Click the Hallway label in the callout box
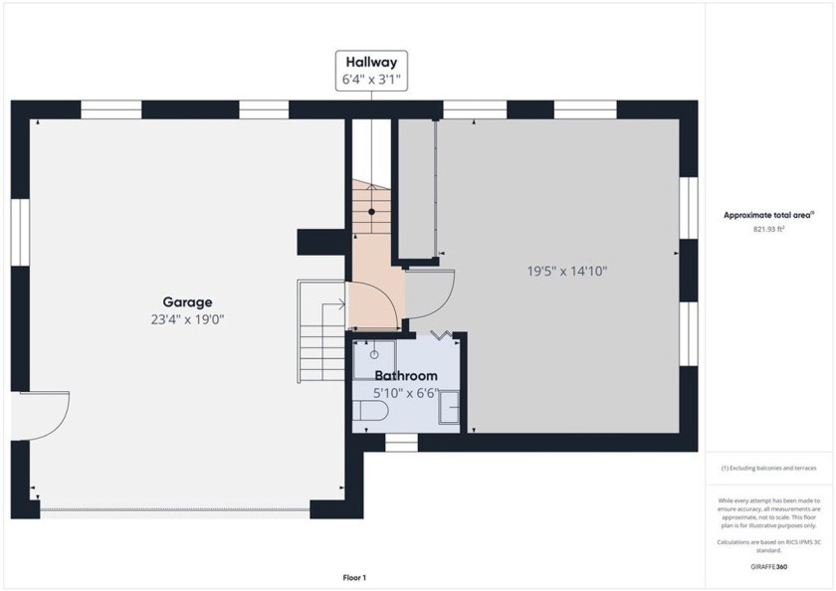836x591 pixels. pyautogui.click(x=372, y=61)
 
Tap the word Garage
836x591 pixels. pyautogui.click(x=187, y=302)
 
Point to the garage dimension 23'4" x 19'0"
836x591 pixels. pyautogui.click(x=187, y=320)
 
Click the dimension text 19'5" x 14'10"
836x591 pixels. pyautogui.click(x=566, y=271)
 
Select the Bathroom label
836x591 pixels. pyautogui.click(x=406, y=376)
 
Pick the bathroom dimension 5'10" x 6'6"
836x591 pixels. pyautogui.click(x=406, y=392)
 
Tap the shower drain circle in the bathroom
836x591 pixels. pyautogui.click(x=374, y=354)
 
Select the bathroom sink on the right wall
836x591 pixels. pyautogui.click(x=450, y=408)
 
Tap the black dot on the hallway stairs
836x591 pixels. pyautogui.click(x=372, y=212)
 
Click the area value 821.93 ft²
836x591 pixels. pyautogui.click(x=768, y=229)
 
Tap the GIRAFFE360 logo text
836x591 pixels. pyautogui.click(x=768, y=565)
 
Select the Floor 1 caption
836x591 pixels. pyautogui.click(x=355, y=577)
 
